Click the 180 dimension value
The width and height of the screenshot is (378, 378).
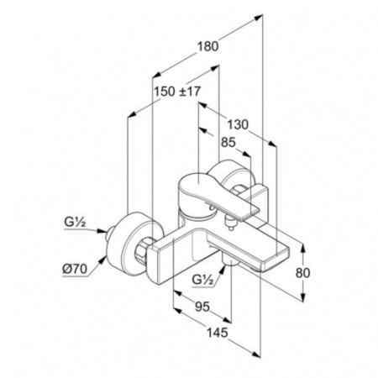pyautogui.click(x=207, y=46)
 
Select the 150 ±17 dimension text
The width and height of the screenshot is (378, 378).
pyautogui.click(x=177, y=92)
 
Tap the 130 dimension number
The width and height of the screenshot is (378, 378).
pyautogui.click(x=238, y=124)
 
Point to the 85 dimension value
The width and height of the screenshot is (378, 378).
pyautogui.click(x=228, y=143)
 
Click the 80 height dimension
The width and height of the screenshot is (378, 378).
pyautogui.click(x=302, y=273)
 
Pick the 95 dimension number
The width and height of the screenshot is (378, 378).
pyautogui.click(x=202, y=307)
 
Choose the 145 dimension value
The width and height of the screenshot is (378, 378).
pyautogui.click(x=218, y=333)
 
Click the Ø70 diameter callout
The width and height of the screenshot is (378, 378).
pyautogui.click(x=75, y=270)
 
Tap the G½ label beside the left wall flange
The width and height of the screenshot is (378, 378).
pyautogui.click(x=75, y=223)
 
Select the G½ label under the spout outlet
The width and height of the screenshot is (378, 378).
pyautogui.click(x=203, y=279)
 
